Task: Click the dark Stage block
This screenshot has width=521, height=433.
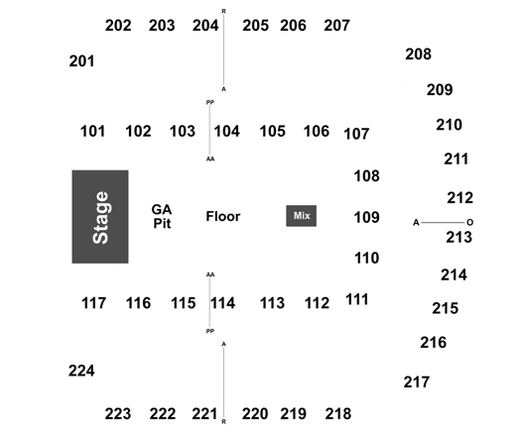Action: (100, 217)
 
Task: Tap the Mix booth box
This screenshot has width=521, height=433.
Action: (302, 216)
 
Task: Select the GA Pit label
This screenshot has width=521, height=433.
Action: (162, 216)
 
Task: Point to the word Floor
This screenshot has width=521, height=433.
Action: (223, 216)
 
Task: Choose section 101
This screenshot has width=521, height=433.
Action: (92, 131)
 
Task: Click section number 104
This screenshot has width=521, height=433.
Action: (227, 131)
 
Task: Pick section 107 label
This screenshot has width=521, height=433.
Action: (356, 134)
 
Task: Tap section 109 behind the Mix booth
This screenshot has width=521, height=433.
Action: (367, 217)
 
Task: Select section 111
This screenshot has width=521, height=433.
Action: (357, 299)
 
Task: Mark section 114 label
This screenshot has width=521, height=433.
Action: (223, 303)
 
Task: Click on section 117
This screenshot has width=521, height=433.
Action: (94, 303)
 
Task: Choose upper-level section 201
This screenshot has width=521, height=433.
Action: (81, 61)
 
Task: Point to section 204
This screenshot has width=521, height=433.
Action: (205, 26)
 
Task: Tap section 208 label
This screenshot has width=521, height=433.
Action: (419, 54)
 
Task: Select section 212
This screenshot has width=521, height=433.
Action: (460, 198)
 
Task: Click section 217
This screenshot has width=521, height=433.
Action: (417, 381)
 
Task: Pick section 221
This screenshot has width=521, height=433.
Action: (204, 414)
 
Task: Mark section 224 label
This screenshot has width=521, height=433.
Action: (81, 371)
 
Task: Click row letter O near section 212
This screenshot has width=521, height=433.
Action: (469, 222)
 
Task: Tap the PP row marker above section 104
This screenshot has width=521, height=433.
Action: (210, 102)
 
